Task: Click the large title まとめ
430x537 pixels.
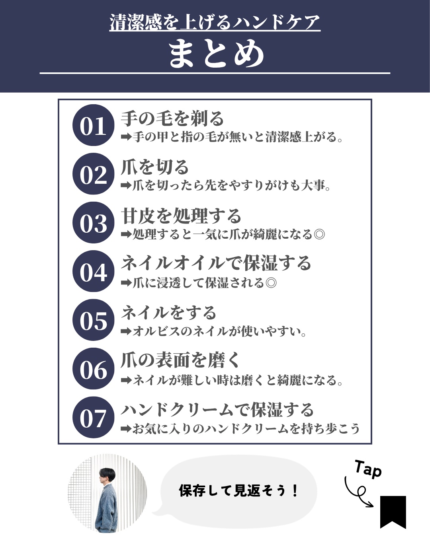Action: [x=216, y=54]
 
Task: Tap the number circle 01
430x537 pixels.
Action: [x=93, y=125]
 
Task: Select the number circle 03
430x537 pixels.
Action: [x=93, y=223]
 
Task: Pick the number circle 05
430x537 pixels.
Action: [x=93, y=320]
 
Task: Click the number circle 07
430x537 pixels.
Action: [x=93, y=417]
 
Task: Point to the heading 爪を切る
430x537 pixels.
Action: [x=154, y=167]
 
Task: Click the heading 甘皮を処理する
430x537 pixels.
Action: [x=181, y=216]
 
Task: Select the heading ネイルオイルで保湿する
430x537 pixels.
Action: [x=216, y=263]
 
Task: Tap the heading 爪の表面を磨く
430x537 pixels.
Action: [x=180, y=360]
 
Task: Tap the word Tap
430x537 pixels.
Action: [x=368, y=469]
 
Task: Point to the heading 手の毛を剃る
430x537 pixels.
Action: [x=172, y=118]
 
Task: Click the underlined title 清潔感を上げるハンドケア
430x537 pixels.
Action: [x=215, y=22]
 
